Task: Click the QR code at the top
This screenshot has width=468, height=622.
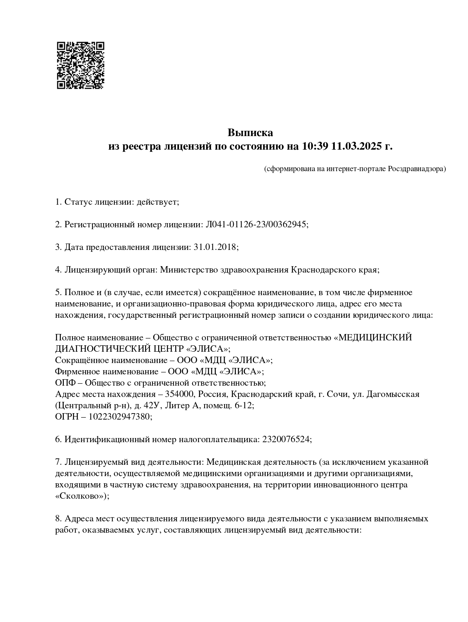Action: click(x=80, y=65)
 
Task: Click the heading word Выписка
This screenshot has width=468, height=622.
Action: click(x=250, y=133)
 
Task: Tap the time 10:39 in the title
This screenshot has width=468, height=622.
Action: click(x=314, y=146)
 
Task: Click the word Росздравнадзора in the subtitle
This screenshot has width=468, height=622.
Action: click(x=416, y=169)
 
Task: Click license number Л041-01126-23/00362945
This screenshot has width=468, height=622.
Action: click(x=256, y=225)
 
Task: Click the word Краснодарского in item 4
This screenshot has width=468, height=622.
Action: click(x=322, y=270)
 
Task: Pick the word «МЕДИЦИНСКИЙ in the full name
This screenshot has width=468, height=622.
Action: click(x=373, y=337)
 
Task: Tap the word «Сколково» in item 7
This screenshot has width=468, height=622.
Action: click(x=82, y=496)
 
